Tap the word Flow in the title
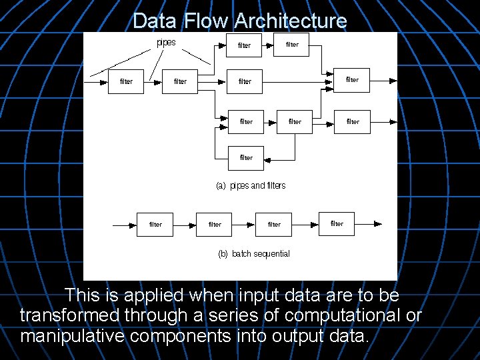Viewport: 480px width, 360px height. (207, 21)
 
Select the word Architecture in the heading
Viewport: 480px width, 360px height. (290, 21)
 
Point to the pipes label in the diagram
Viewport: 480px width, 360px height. (166, 43)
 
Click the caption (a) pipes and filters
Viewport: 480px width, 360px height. (251, 185)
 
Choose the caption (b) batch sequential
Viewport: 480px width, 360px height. (254, 253)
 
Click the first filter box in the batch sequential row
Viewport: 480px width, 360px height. (155, 224)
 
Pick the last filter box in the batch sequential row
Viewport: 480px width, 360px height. (337, 223)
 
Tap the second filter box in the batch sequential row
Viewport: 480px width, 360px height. (215, 224)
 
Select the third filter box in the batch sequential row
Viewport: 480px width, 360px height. (274, 224)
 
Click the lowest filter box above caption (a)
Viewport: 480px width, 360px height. (246, 157)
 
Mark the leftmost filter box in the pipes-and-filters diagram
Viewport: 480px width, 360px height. (126, 81)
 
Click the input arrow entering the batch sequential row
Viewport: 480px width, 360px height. (125, 225)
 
